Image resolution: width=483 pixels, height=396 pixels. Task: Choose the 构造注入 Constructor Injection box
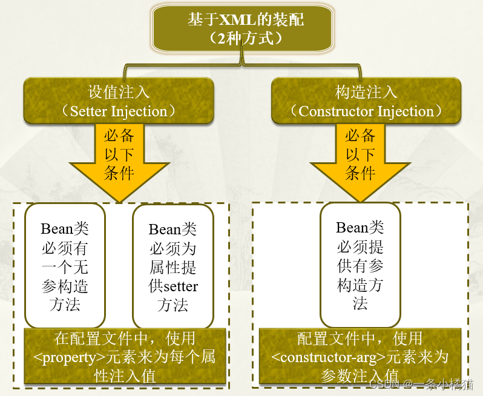[366, 101]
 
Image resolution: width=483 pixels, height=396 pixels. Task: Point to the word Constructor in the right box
[336, 111]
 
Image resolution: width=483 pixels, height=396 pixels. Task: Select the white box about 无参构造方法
[65, 266]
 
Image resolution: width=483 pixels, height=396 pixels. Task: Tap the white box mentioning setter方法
[173, 266]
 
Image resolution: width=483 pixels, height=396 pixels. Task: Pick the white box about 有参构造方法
[360, 265]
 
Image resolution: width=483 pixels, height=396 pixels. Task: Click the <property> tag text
[65, 357]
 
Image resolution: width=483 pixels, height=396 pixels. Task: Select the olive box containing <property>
[125, 357]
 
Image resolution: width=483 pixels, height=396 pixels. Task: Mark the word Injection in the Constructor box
[406, 111]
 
